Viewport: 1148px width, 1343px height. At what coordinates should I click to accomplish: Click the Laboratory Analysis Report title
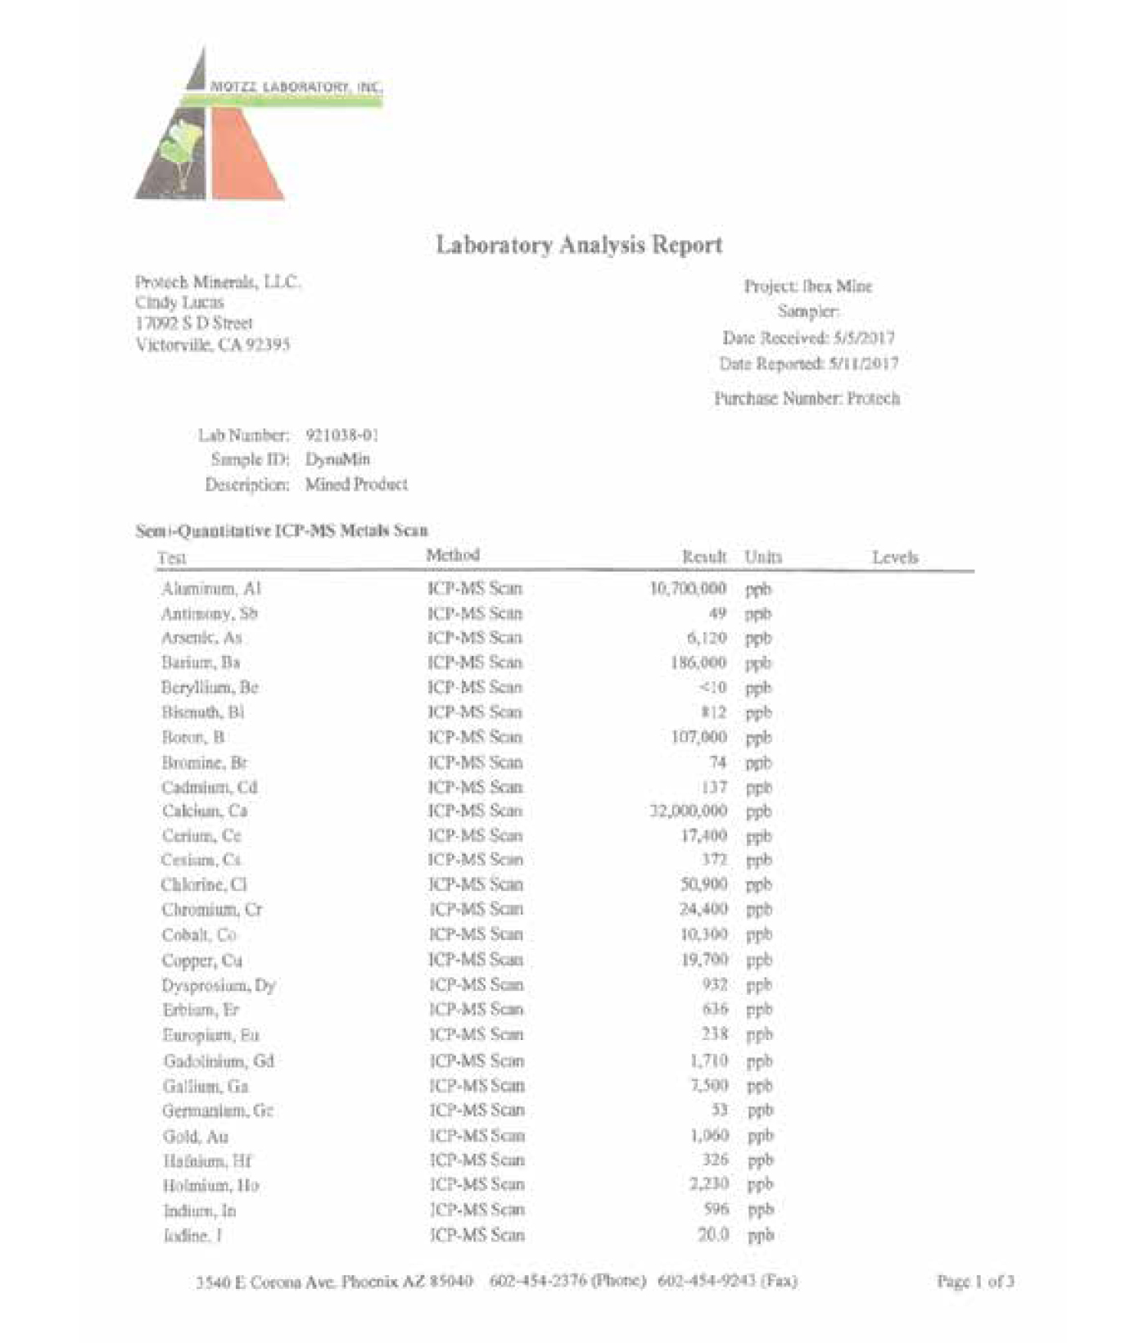pos(578,244)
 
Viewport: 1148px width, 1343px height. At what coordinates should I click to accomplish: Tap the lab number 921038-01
pos(341,434)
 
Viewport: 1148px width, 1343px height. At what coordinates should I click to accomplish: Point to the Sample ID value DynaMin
pos(337,459)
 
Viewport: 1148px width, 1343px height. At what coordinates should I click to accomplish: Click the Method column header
pos(452,555)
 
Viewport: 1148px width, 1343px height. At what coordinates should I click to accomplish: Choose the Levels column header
pos(894,557)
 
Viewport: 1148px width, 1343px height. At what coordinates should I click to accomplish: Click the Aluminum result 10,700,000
pos(688,588)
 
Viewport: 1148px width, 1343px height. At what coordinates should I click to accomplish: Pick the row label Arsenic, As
pos(201,637)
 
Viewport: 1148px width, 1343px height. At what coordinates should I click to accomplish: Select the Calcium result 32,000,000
pos(688,811)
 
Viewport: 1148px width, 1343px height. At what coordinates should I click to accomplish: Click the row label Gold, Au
pos(196,1136)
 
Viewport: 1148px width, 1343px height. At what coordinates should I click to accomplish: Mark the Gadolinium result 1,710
pos(708,1060)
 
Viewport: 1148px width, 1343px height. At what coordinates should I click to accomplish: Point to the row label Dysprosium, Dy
pos(219,985)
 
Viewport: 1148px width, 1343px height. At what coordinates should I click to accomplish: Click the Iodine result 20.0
pos(712,1234)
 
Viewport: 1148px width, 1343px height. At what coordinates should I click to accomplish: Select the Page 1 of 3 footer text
pos(975,1281)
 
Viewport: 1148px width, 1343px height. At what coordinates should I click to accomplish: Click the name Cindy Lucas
pos(179,302)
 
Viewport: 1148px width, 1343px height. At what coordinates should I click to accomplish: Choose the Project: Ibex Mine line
pos(807,286)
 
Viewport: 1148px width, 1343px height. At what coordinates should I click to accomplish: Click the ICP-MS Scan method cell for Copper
pos(476,960)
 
